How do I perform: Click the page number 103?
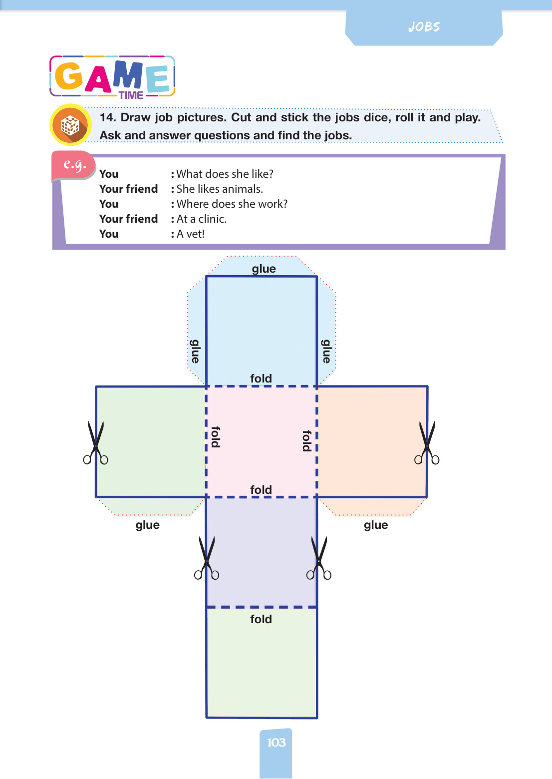pyautogui.click(x=276, y=743)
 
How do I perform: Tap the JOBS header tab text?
pyautogui.click(x=424, y=27)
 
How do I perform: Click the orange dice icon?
pyautogui.click(x=70, y=125)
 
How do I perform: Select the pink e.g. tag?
pyautogui.click(x=74, y=165)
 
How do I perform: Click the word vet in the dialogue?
pyautogui.click(x=195, y=234)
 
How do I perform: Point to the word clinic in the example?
pyautogui.click(x=212, y=219)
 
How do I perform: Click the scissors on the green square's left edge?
pyautogui.click(x=96, y=443)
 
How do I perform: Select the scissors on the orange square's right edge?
pyautogui.click(x=427, y=443)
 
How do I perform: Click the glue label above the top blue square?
pyautogui.click(x=264, y=269)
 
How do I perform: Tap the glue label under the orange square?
pyautogui.click(x=376, y=525)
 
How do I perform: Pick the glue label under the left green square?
pyautogui.click(x=147, y=525)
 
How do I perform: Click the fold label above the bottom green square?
pyautogui.click(x=261, y=619)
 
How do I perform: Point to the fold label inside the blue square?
pyautogui.click(x=261, y=379)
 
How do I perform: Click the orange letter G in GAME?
pyautogui.click(x=69, y=75)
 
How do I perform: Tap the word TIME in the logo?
pyautogui.click(x=131, y=95)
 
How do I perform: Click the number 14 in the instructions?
pyautogui.click(x=108, y=117)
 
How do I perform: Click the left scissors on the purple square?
pyautogui.click(x=207, y=558)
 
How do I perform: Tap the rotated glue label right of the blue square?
pyautogui.click(x=326, y=351)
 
